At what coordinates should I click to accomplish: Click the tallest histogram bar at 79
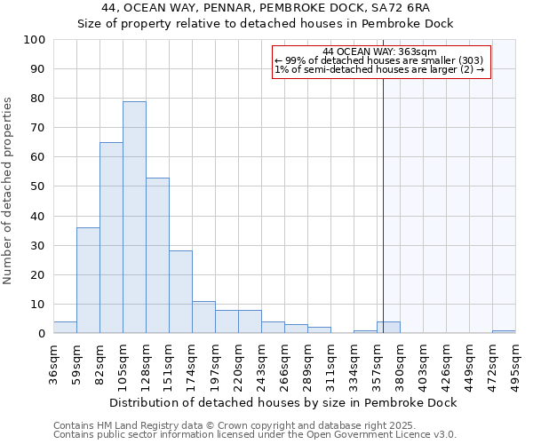[134, 218]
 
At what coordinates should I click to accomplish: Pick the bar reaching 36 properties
[88, 281]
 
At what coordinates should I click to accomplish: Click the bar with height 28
[180, 292]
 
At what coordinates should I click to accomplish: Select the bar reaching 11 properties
[203, 317]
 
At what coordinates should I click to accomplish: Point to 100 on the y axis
[35, 40]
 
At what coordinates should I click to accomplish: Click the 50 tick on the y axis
[38, 186]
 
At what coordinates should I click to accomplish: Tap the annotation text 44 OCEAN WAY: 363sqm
[380, 52]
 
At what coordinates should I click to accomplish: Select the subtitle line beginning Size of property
[265, 24]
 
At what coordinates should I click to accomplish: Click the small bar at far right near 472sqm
[504, 332]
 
